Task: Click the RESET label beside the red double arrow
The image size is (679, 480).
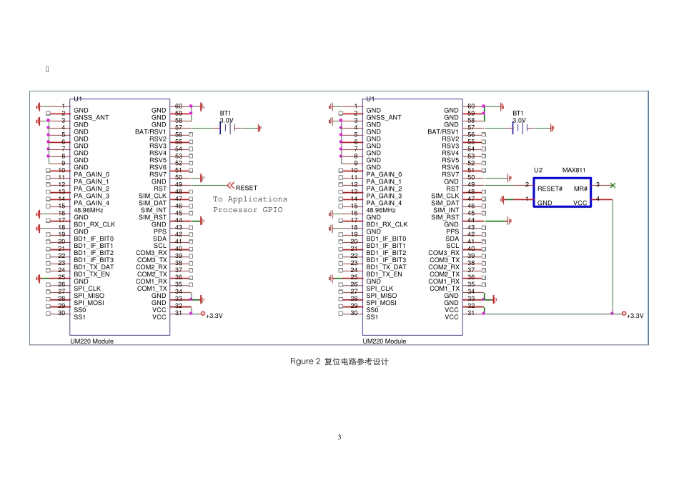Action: pyautogui.click(x=247, y=188)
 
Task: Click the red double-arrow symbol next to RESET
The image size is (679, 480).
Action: pyautogui.click(x=231, y=186)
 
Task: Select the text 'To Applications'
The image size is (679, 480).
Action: pyautogui.click(x=250, y=199)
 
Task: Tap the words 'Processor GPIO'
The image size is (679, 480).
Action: pyautogui.click(x=248, y=210)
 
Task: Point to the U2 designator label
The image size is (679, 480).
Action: pyautogui.click(x=537, y=170)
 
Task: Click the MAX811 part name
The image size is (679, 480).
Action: pyautogui.click(x=574, y=170)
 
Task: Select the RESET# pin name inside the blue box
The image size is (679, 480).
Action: pyautogui.click(x=550, y=189)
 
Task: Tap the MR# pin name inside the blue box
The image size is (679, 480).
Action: pyautogui.click(x=580, y=189)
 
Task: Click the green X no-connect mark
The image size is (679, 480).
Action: pyautogui.click(x=613, y=185)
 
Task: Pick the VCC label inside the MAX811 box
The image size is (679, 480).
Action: pyautogui.click(x=580, y=203)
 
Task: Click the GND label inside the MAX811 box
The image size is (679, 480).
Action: pyautogui.click(x=545, y=203)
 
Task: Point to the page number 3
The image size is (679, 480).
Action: pyautogui.click(x=339, y=437)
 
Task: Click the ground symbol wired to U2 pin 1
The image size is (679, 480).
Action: pyautogui.click(x=502, y=199)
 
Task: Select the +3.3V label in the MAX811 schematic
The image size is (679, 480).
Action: pyautogui.click(x=635, y=316)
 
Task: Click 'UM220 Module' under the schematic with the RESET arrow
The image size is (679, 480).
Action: pyautogui.click(x=91, y=341)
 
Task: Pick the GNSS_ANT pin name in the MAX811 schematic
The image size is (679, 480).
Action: pyautogui.click(x=384, y=117)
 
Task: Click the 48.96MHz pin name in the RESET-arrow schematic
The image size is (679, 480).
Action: pyautogui.click(x=89, y=210)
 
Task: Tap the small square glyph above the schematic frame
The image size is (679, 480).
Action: pyautogui.click(x=47, y=69)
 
